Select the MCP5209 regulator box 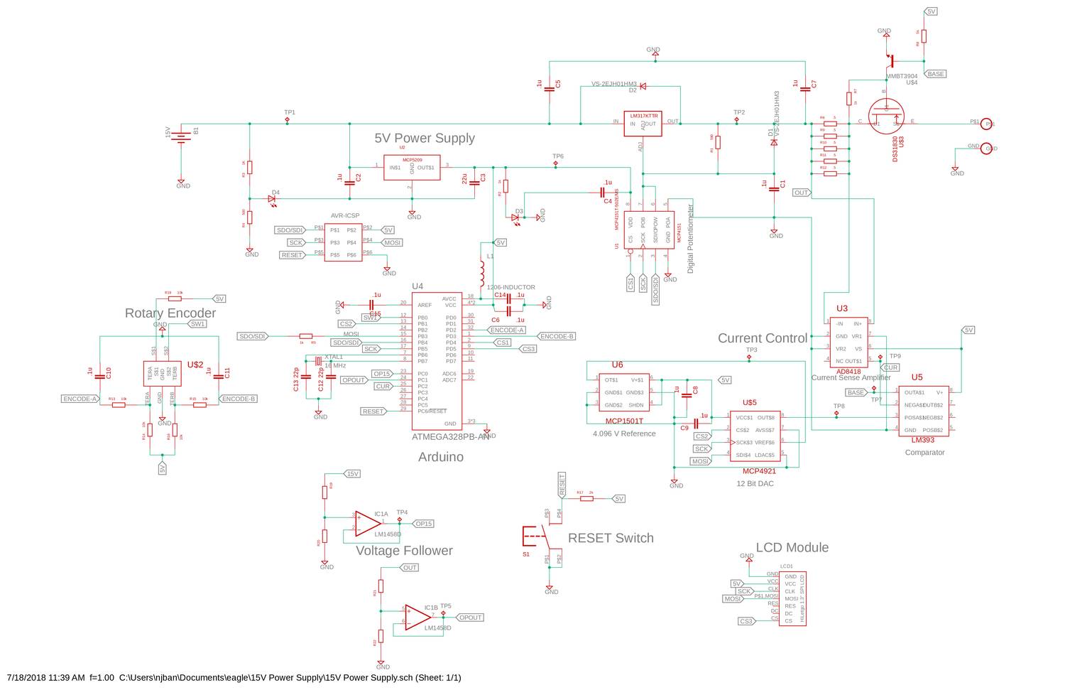point(411,167)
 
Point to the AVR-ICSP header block point(343,242)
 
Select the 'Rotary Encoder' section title point(170,313)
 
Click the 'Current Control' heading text point(762,338)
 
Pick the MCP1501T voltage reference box point(623,392)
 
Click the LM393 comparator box point(924,411)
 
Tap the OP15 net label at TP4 point(424,524)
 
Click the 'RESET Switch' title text point(610,538)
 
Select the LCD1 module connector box point(792,599)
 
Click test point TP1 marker point(287,120)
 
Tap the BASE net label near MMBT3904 point(936,74)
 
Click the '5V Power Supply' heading point(425,139)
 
